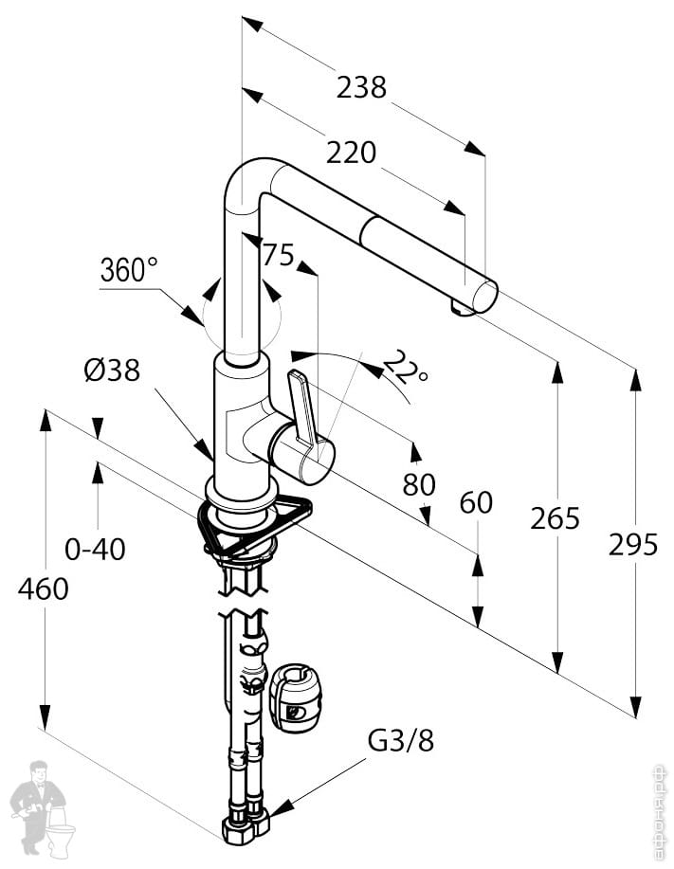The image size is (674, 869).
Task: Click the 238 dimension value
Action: click(x=361, y=87)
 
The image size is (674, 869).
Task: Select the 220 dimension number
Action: click(x=351, y=152)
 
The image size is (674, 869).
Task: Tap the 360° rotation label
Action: click(x=129, y=270)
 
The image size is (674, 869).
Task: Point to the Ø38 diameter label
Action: click(x=111, y=371)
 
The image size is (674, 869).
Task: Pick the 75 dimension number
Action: click(x=278, y=255)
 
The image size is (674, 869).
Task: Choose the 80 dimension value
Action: click(x=419, y=484)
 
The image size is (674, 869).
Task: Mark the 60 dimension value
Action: click(x=476, y=502)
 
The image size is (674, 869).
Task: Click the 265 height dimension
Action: click(x=555, y=518)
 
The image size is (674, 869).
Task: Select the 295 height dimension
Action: click(x=632, y=545)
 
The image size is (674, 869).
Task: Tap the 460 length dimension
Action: click(x=43, y=588)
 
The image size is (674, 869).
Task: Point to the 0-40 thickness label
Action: click(x=95, y=548)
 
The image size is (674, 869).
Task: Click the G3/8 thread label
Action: click(x=401, y=740)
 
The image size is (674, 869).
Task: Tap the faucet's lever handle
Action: click(x=301, y=407)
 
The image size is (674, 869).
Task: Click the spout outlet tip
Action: click(x=464, y=308)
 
